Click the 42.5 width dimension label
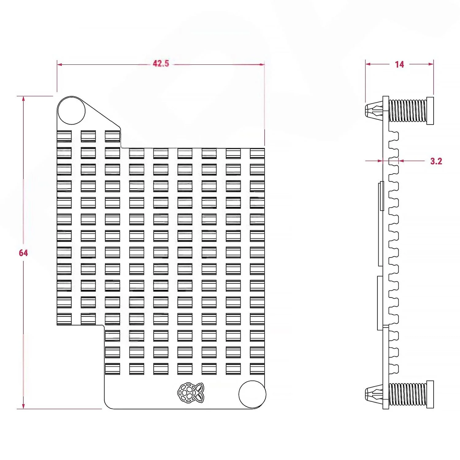pyautogui.click(x=161, y=63)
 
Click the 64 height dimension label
pyautogui.click(x=23, y=253)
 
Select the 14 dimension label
pyautogui.click(x=399, y=64)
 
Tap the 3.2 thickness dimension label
pyautogui.click(x=436, y=161)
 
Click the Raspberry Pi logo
pyautogui.click(x=190, y=392)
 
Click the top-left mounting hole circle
pyautogui.click(x=71, y=111)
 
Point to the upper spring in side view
pyautogui.click(x=408, y=110)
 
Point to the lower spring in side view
pyautogui.click(x=408, y=394)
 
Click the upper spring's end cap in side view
pyautogui.click(x=430, y=111)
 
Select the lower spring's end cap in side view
pyautogui.click(x=430, y=394)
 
